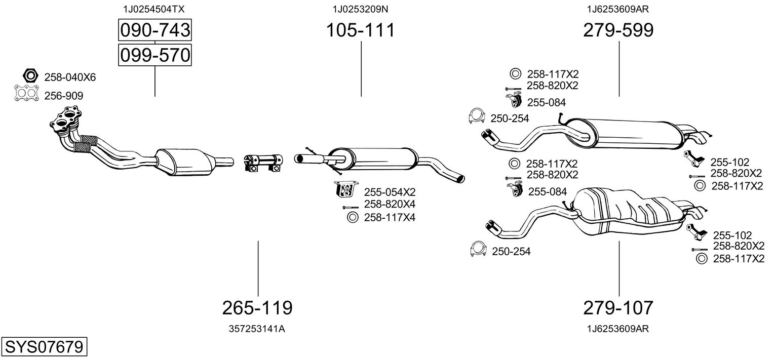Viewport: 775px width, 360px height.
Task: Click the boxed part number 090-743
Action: (155, 30)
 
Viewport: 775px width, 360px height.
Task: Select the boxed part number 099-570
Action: (155, 55)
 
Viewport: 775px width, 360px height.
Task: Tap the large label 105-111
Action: (361, 30)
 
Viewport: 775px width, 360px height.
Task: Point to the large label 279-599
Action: (618, 30)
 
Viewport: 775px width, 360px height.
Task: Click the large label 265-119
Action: (257, 307)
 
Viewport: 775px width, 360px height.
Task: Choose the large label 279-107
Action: (618, 307)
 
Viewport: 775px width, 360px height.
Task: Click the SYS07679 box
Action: (44, 346)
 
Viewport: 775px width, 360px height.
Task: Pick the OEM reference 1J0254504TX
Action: (154, 9)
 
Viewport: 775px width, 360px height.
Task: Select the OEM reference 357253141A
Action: (257, 329)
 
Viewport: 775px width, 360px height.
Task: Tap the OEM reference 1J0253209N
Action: (361, 9)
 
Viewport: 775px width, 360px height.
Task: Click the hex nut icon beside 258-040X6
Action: (30, 76)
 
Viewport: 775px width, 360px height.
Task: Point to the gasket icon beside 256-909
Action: (26, 93)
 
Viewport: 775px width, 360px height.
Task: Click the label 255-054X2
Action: (390, 192)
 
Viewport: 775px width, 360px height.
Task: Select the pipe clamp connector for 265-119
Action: (263, 163)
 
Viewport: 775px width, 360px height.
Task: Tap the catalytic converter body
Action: (184, 162)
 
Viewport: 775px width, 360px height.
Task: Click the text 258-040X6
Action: (70, 77)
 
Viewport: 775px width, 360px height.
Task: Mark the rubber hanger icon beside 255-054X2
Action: (346, 189)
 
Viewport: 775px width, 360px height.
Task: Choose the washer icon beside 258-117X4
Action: (353, 218)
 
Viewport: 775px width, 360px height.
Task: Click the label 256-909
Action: (64, 96)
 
